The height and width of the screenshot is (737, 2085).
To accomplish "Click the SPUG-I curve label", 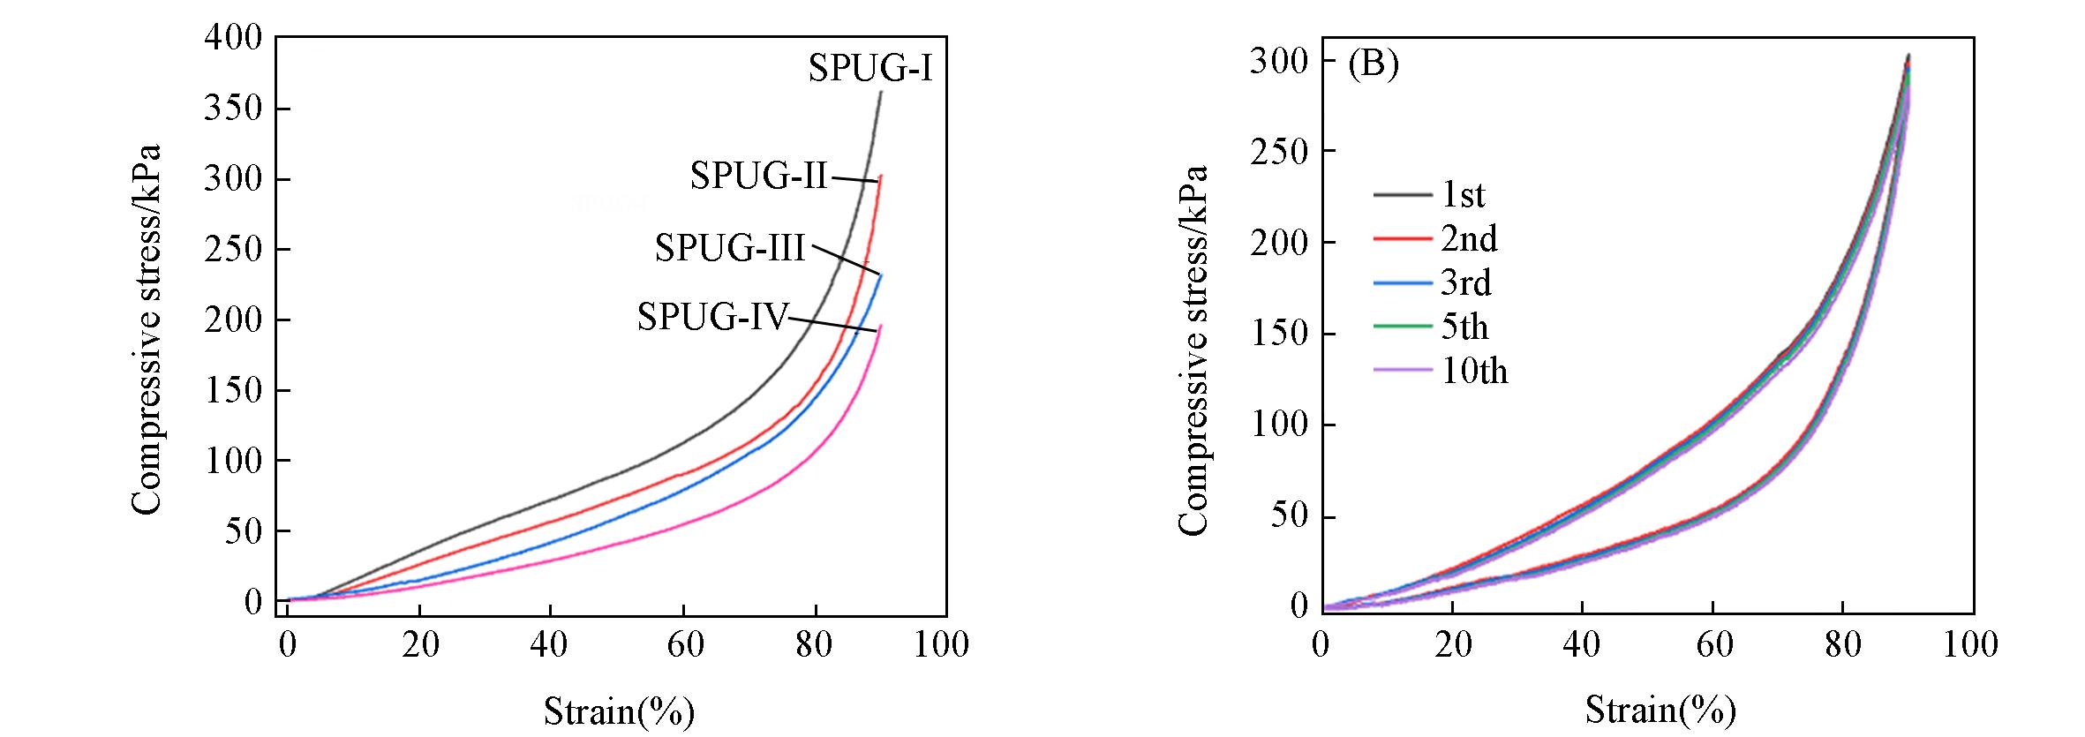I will (869, 69).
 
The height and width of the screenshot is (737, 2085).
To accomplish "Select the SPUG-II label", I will (758, 176).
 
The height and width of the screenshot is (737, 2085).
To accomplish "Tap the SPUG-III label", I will (729, 248).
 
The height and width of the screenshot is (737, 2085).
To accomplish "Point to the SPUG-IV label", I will (711, 316).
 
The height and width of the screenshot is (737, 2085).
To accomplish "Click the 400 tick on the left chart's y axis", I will (233, 38).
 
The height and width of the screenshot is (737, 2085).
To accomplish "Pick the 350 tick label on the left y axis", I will (233, 109).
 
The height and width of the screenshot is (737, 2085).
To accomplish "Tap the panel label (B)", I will (1374, 66).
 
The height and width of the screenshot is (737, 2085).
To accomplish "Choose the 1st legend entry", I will (1463, 195).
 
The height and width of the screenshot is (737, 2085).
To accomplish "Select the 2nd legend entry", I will (1469, 239).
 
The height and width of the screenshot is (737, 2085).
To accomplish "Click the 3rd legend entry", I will (1465, 283).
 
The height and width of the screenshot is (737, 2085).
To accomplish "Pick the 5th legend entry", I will (1465, 327).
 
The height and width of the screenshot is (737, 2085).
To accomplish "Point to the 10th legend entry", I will (1474, 372).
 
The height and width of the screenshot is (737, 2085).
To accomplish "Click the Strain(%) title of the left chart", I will (619, 711).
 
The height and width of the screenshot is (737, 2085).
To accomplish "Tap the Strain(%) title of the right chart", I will (1660, 711).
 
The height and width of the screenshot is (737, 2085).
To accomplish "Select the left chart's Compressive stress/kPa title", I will (147, 328).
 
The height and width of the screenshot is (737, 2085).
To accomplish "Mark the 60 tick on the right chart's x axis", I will (1712, 645).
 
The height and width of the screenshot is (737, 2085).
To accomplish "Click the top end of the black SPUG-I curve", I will (881, 91).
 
